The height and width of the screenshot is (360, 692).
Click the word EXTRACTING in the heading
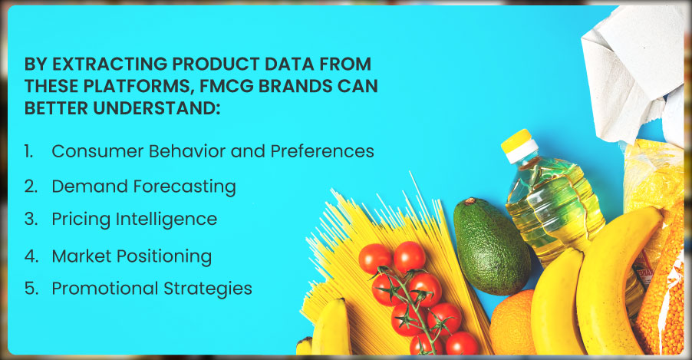110,64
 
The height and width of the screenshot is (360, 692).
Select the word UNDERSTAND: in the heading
157,107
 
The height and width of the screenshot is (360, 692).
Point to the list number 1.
28,151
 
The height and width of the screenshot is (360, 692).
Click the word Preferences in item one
322,151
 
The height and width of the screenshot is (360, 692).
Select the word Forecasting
184,187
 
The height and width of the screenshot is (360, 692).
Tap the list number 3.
31,219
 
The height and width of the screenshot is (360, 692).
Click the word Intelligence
166,220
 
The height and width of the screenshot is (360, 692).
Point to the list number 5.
31,289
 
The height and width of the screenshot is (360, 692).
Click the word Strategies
208,289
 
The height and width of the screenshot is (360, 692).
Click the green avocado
492,246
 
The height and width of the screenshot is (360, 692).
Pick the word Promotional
105,289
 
